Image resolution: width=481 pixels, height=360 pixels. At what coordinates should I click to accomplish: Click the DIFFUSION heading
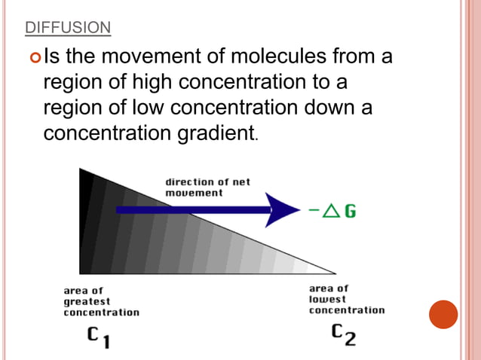point(67,29)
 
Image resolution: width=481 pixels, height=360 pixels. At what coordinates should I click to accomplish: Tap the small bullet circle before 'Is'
point(35,56)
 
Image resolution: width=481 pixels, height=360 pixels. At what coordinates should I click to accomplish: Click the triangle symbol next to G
point(330,211)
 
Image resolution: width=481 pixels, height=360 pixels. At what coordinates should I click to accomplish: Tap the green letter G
point(350,211)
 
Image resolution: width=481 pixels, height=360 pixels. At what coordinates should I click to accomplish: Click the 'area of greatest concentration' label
point(100,301)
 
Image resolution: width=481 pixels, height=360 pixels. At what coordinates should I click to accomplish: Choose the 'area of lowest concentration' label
point(347,299)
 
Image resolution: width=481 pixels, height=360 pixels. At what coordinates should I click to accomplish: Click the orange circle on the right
point(443,314)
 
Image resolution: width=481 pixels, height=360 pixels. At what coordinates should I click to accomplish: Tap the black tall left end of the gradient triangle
point(86,222)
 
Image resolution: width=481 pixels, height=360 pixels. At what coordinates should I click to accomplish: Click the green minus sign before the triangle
point(313,212)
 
